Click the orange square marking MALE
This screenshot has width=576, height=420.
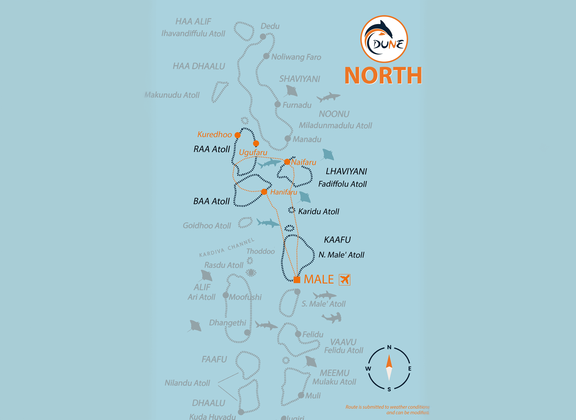[x=297, y=280]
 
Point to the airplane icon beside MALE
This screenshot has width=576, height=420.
[x=345, y=280]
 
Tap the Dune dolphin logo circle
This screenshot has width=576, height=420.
[x=384, y=39]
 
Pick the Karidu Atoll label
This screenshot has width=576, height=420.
[x=318, y=212]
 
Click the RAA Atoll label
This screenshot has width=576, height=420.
[x=212, y=149]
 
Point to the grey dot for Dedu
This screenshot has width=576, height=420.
[x=263, y=37]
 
